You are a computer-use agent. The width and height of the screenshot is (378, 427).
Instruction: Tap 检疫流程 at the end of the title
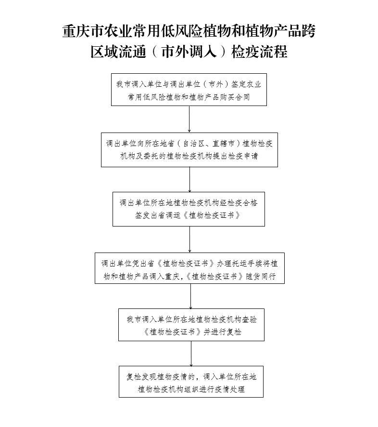click(259, 52)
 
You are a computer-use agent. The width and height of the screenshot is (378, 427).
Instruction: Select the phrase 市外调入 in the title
click(189, 52)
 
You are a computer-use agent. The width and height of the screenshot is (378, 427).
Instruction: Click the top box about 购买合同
click(189, 90)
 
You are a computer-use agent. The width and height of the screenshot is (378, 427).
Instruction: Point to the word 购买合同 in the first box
click(235, 97)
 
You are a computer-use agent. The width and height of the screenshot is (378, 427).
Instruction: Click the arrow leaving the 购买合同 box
click(189, 119)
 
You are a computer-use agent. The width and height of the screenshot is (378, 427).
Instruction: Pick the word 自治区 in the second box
click(193, 144)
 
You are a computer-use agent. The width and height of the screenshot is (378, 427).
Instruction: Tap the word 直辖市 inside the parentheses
click(224, 144)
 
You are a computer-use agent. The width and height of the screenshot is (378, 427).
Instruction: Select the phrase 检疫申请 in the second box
click(243, 156)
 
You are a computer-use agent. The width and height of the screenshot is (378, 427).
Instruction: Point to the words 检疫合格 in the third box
click(242, 203)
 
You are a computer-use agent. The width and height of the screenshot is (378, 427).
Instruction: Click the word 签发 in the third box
click(143, 215)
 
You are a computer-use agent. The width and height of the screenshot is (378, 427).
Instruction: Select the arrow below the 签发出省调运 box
click(189, 240)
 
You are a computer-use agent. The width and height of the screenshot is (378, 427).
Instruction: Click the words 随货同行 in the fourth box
click(261, 277)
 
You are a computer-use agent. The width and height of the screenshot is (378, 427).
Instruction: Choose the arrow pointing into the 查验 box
click(190, 296)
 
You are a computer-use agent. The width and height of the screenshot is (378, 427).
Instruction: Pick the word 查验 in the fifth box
click(249, 320)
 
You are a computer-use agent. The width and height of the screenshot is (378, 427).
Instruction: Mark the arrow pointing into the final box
click(191, 354)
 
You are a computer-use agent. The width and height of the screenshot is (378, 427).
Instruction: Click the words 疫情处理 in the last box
click(230, 389)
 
